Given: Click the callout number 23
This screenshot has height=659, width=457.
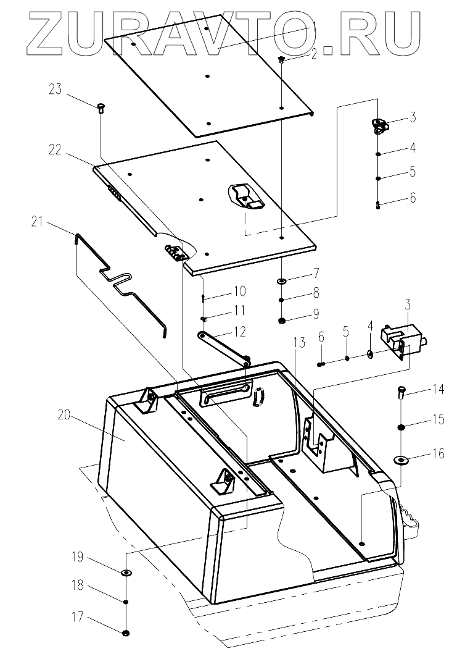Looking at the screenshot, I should coord(56,89).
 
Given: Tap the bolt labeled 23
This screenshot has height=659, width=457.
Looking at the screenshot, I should coord(100,108).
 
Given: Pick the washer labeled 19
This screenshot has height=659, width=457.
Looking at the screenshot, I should coord(126,573).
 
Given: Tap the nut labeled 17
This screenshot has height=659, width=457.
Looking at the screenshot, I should coord(126,632).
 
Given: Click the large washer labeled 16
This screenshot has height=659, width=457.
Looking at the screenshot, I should coord(401,458).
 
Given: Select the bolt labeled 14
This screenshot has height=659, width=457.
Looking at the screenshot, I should coord(401,391).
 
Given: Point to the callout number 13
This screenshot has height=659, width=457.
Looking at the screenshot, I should coord(298,344).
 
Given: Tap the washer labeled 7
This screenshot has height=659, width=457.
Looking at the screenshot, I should coord(281,282).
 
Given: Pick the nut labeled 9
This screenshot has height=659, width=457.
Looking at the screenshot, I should coord(281,321).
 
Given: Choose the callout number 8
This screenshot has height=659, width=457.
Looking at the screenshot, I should coord(315,292).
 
